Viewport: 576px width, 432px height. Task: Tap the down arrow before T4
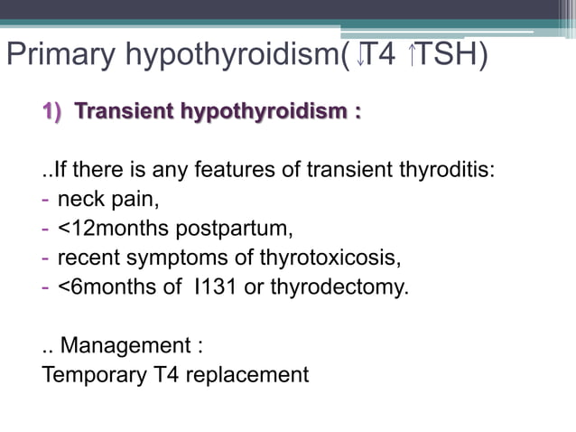coord(360,56)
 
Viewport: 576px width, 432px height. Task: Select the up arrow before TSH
coord(413,56)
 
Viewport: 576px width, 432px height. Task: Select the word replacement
coord(253,375)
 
